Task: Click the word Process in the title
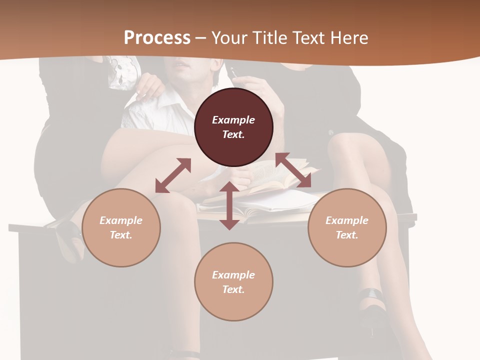click(157, 38)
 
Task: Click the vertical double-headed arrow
click(229, 205)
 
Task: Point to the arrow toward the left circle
click(173, 175)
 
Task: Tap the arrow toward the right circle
click(293, 170)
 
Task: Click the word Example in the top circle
click(233, 120)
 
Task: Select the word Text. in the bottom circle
click(233, 289)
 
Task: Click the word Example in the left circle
click(121, 220)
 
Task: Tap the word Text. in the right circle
click(347, 235)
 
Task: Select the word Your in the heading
click(228, 38)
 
